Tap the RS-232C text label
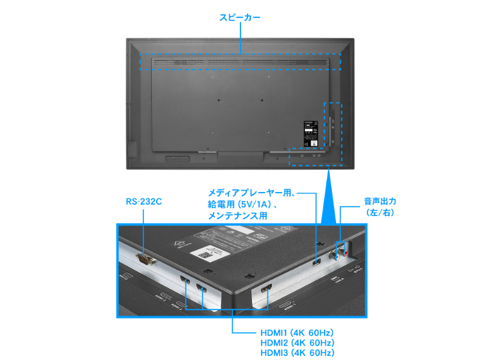coord(144,202)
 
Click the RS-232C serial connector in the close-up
coord(144,259)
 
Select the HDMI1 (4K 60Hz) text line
coord(297,332)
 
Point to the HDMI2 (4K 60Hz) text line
coord(297,343)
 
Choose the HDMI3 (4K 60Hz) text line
coord(297,353)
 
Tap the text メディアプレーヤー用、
coord(251,193)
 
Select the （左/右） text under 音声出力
coord(380,213)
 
